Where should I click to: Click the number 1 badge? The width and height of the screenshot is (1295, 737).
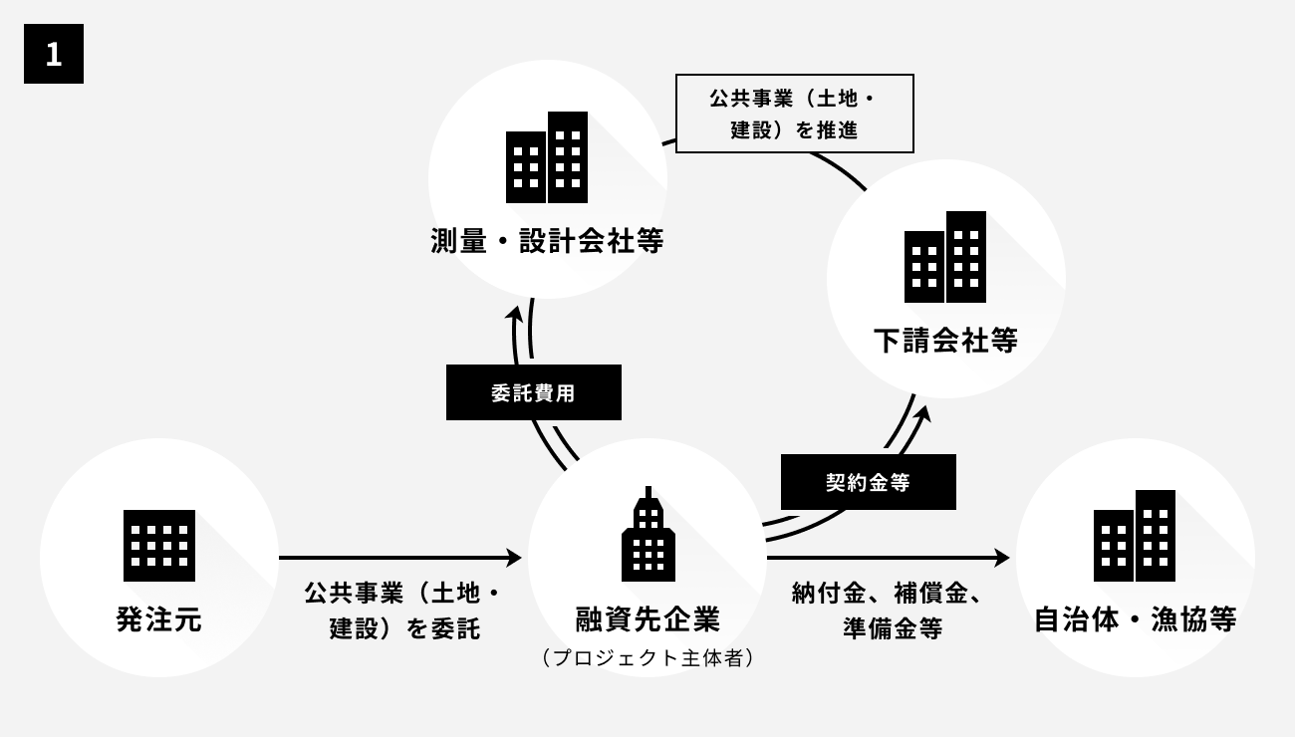tap(54, 54)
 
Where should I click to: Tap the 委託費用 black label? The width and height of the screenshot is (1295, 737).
tap(534, 392)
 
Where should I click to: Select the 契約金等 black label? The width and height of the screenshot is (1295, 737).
tap(869, 482)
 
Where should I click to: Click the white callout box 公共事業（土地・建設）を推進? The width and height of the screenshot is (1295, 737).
tap(795, 114)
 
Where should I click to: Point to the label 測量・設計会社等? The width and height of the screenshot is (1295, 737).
tap(547, 242)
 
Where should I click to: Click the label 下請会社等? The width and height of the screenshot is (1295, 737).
tap(945, 341)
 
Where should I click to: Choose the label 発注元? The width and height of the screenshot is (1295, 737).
tap(159, 619)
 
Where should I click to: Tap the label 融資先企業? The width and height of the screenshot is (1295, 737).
tap(647, 619)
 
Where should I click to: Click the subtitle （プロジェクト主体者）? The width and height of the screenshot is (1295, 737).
tap(647, 657)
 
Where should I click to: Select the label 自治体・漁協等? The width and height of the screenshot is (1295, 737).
tap(1136, 619)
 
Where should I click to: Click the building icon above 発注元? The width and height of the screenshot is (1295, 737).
tap(159, 545)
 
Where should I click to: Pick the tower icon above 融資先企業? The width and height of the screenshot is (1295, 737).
tap(647, 536)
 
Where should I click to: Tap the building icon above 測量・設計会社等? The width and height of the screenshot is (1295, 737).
tap(547, 157)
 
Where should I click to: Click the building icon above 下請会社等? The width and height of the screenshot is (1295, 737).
tap(945, 257)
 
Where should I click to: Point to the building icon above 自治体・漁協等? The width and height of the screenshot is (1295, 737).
tap(1135, 536)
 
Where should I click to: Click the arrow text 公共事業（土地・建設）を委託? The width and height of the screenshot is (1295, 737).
tap(402, 612)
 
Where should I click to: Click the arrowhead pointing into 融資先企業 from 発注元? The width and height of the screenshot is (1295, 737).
tap(514, 558)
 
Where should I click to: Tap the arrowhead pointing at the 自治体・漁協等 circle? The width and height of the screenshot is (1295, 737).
tap(1002, 558)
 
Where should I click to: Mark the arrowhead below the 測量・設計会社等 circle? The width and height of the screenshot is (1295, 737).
tap(514, 313)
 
